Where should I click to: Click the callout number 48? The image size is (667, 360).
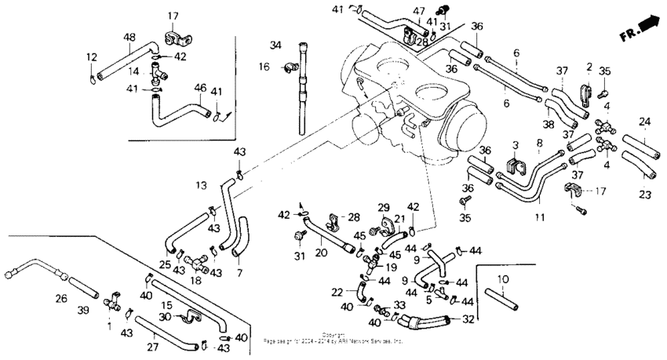(x=129, y=37)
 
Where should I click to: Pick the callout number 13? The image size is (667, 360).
(x=202, y=186)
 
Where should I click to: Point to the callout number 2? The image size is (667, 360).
(x=588, y=67)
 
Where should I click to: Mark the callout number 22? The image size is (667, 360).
(x=336, y=293)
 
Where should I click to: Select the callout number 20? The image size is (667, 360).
(x=321, y=253)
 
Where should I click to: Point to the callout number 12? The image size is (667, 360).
(x=91, y=56)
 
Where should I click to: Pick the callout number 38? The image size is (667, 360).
(x=548, y=123)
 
